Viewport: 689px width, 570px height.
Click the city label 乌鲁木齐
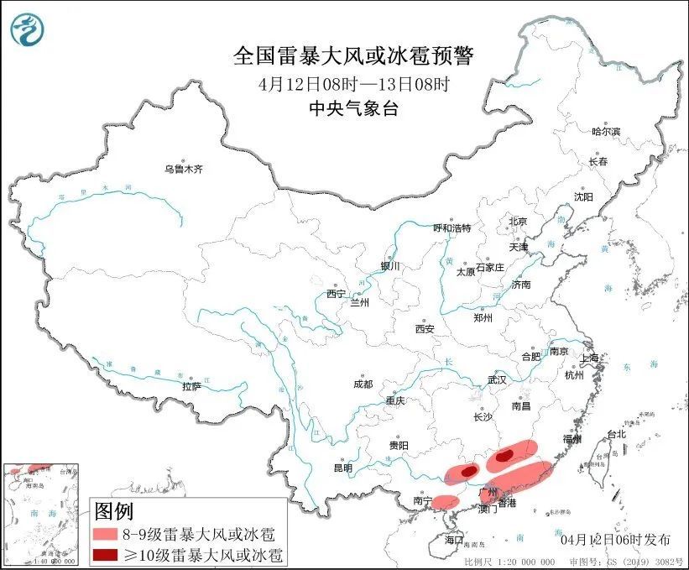tap(183, 169)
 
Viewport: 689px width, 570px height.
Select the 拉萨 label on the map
tap(191, 386)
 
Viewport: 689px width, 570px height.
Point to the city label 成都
tap(363, 384)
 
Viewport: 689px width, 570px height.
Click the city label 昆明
tap(343, 468)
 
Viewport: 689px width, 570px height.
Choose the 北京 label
tap(517, 222)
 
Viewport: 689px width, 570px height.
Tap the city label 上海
tap(591, 358)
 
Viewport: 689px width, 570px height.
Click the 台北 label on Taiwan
tap(616, 434)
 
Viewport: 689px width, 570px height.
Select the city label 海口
tap(454, 537)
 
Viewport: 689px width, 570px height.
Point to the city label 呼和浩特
tap(452, 227)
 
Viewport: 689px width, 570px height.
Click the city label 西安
tap(424, 329)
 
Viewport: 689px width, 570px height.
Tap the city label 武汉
tap(497, 379)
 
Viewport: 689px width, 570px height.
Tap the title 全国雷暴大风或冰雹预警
tap(352, 56)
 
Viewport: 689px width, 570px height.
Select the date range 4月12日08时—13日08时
tap(352, 83)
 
